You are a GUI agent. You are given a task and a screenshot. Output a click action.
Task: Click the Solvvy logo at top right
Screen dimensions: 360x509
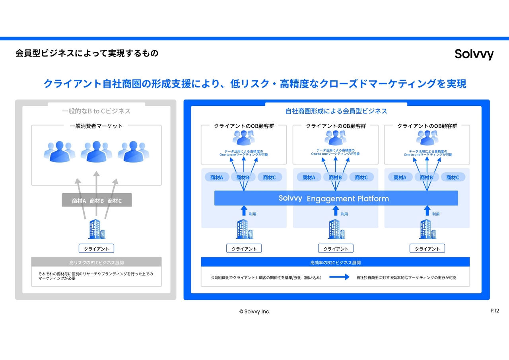tap(474, 54)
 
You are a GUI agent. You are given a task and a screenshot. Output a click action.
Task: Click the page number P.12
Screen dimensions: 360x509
tap(495, 311)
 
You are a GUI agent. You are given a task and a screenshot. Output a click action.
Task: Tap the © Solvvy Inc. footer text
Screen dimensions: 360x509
tap(254, 311)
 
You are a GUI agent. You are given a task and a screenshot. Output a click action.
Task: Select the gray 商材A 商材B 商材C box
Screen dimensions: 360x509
tap(97, 201)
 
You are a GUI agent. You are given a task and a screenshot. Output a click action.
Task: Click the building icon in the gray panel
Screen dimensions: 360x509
tap(97, 229)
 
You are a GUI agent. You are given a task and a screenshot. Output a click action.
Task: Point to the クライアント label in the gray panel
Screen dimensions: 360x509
tap(97, 249)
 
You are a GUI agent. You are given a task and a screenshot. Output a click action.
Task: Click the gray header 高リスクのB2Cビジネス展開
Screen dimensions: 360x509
tap(97, 263)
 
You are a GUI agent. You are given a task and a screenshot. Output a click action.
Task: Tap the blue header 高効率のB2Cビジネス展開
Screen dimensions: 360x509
tap(335, 263)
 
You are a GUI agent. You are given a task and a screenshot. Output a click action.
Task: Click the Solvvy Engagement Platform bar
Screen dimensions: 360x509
tap(336, 198)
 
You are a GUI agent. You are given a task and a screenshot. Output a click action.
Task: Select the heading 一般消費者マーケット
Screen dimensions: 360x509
tap(96, 126)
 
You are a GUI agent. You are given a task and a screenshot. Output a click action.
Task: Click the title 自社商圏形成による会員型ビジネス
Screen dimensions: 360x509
tap(336, 111)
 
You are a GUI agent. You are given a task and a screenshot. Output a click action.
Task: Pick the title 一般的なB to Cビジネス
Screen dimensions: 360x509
tap(96, 111)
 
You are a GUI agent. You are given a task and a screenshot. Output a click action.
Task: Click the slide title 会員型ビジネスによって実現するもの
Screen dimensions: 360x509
tap(87, 53)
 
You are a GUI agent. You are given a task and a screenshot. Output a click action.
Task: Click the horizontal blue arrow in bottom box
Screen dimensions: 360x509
tap(339, 277)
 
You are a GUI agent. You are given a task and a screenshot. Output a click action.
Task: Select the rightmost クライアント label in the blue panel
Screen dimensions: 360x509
tap(427, 249)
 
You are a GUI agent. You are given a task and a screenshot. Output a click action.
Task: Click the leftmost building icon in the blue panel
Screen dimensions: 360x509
tap(244, 229)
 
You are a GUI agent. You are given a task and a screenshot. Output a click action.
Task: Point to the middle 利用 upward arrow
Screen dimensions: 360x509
tap(336, 210)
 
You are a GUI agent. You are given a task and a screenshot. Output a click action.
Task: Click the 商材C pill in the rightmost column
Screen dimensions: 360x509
tap(453, 177)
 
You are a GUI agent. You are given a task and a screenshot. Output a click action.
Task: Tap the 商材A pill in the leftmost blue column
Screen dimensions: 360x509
tap(217, 177)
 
